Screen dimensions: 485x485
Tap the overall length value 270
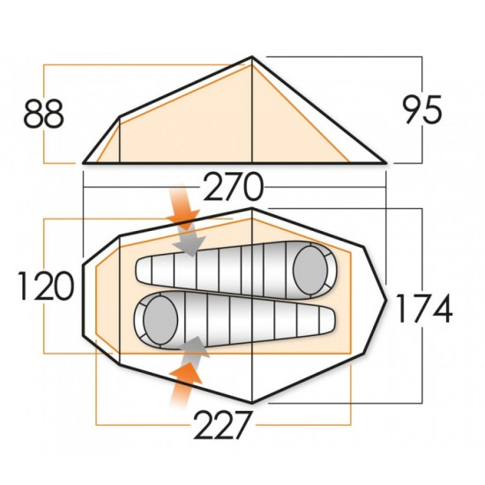coord(235,187)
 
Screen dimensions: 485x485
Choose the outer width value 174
coord(422,309)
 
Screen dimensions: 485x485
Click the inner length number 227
coord(225,429)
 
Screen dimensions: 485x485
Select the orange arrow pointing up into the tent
coord(186,381)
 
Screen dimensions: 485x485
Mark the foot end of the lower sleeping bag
coord(328,318)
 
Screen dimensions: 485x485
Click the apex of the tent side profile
coord(253,58)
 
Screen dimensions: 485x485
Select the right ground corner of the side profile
coord(386,163)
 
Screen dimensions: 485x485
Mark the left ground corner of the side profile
coord(83,163)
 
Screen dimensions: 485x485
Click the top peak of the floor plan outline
coord(253,209)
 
